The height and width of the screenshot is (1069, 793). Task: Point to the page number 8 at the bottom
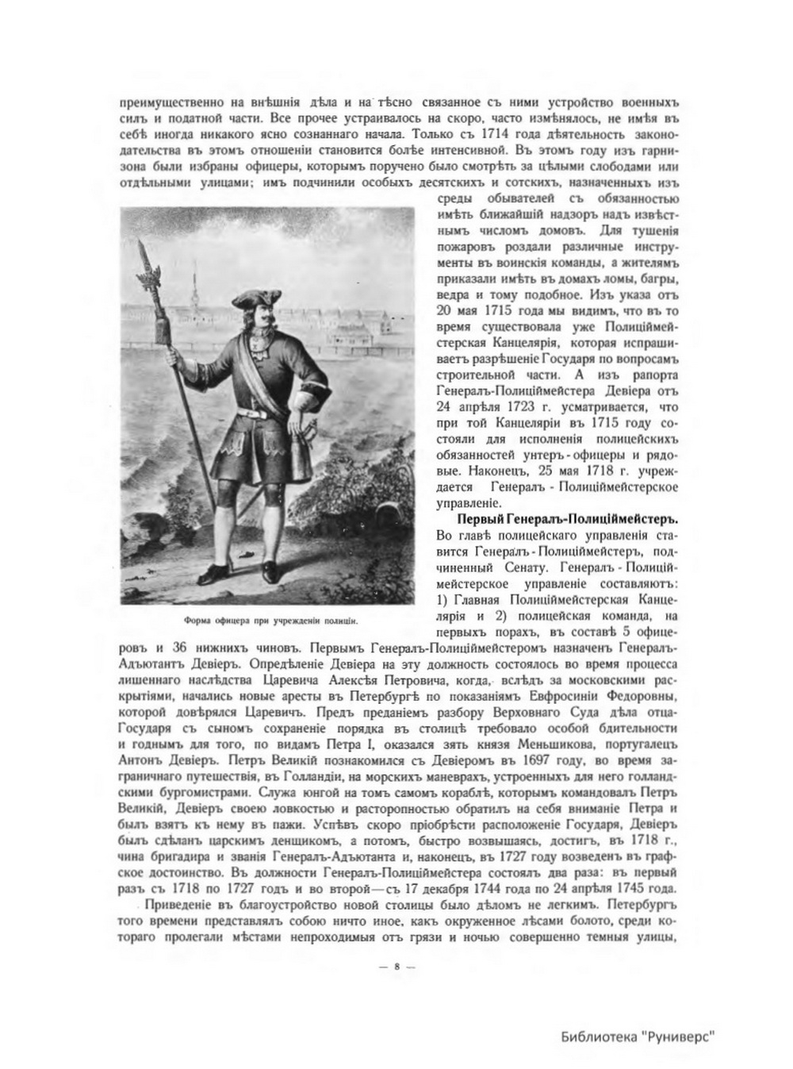[x=396, y=967]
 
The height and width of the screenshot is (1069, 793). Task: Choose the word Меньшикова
[x=548, y=747]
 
